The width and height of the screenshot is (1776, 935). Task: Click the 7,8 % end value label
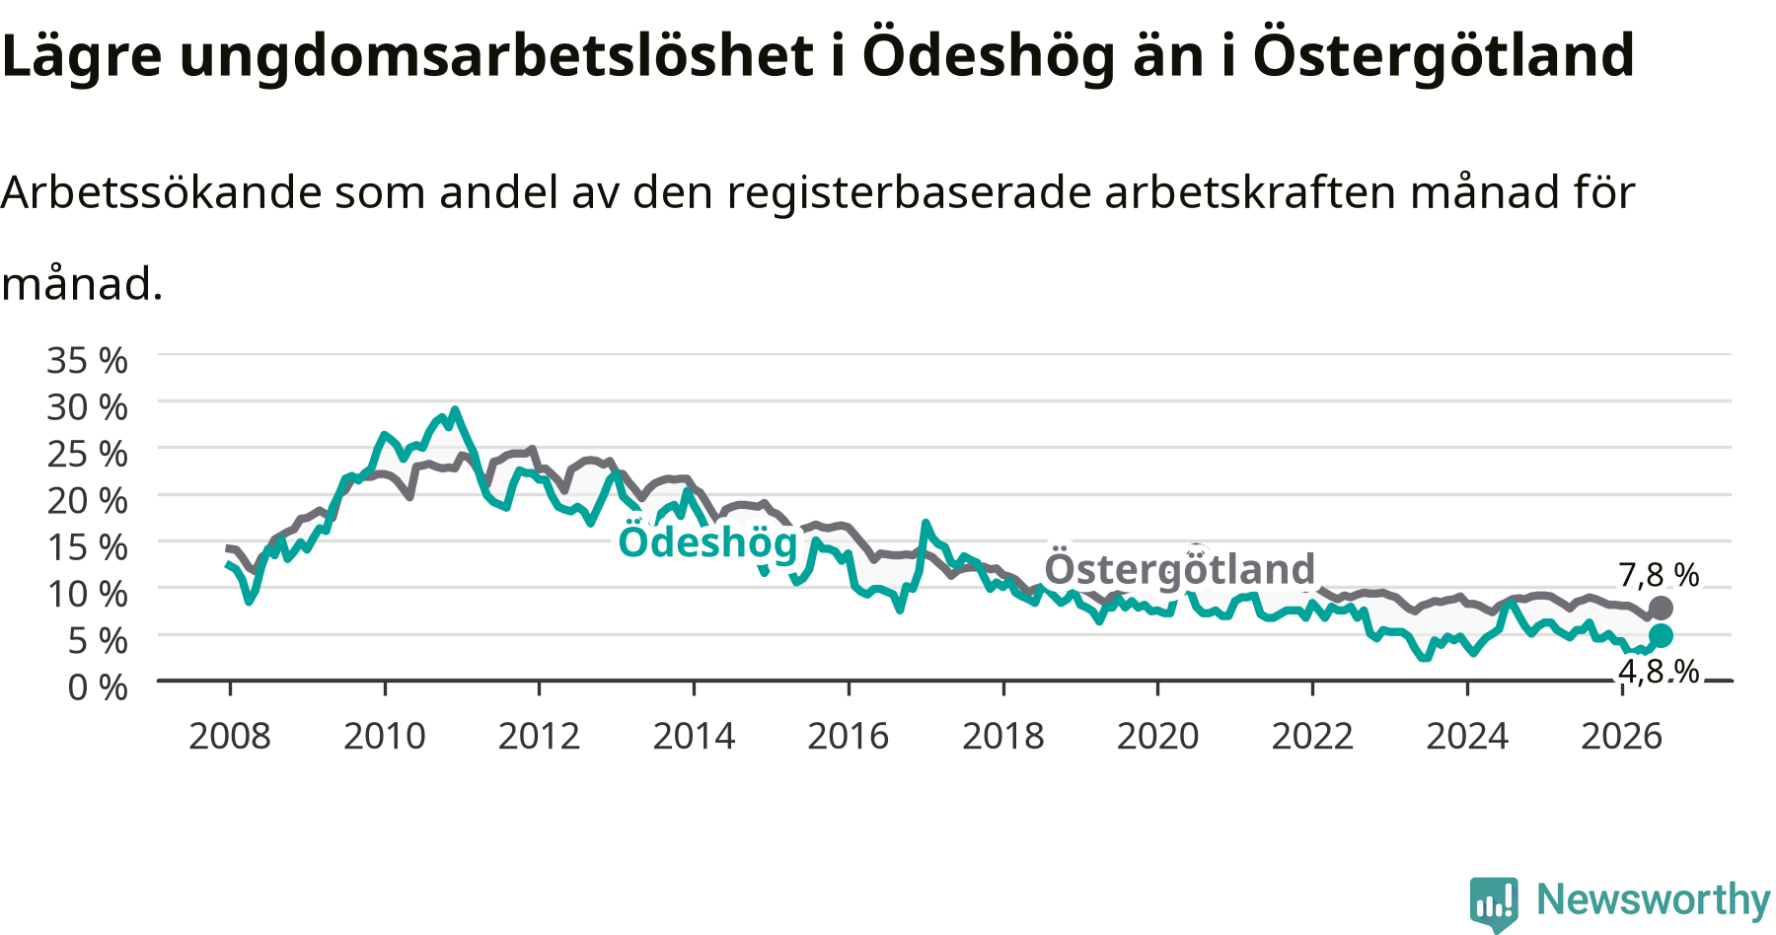click(1659, 575)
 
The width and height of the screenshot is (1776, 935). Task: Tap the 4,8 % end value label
click(1659, 672)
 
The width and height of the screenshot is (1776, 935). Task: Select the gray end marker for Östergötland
click(1661, 608)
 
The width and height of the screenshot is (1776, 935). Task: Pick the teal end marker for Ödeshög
click(1661, 635)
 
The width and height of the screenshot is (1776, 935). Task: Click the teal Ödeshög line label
click(707, 541)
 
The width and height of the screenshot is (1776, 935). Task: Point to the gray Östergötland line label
click(1180, 569)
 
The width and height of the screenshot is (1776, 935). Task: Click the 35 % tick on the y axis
click(87, 360)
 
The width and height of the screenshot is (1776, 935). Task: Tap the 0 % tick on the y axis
click(98, 686)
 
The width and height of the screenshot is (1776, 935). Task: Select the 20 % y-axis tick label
click(87, 500)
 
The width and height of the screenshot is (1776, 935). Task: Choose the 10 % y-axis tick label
click(87, 594)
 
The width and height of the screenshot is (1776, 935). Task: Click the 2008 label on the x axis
click(230, 736)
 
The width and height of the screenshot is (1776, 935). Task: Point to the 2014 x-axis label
click(694, 736)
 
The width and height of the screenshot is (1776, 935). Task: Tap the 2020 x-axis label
click(1157, 736)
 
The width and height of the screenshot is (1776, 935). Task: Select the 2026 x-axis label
click(1622, 736)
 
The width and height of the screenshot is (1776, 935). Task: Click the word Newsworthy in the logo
click(1654, 899)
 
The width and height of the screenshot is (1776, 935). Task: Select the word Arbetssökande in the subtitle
click(162, 191)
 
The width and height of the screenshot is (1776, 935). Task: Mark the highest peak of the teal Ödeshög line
click(454, 409)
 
